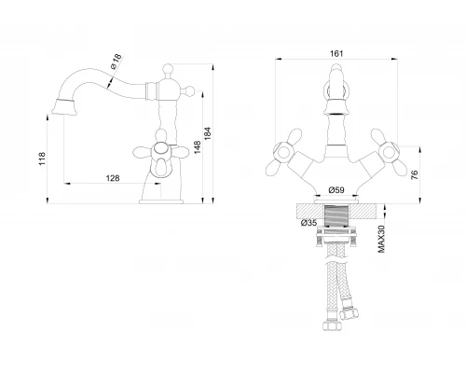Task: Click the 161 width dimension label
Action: (336, 53)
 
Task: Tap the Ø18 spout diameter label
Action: (116, 62)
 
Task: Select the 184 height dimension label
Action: (208, 133)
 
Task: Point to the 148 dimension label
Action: (198, 147)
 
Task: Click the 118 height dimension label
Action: (42, 159)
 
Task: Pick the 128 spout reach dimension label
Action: (113, 178)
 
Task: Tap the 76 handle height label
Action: (414, 175)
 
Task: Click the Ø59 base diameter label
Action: (336, 189)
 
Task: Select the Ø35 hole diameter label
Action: (308, 223)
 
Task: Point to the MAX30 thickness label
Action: (381, 239)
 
